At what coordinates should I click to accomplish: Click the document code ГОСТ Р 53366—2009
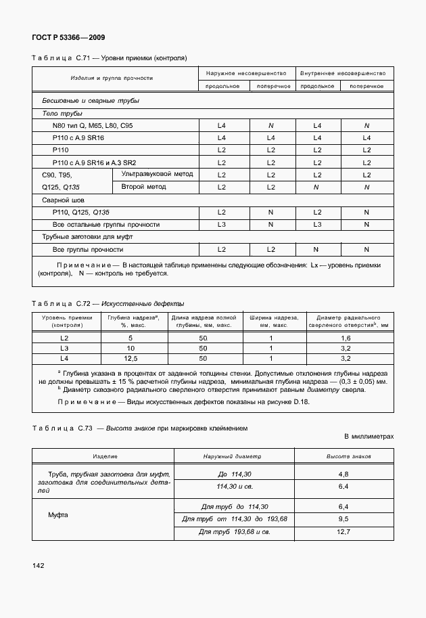click(68, 38)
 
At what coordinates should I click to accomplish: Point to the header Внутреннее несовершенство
click(342, 72)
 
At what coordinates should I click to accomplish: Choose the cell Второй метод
click(143, 186)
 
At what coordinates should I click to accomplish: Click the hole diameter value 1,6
click(346, 337)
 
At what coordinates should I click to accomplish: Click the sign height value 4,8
click(343, 474)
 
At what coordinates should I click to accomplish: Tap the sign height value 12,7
click(343, 533)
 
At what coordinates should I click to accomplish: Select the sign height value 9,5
click(343, 519)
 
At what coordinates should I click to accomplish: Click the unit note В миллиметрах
click(369, 437)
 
